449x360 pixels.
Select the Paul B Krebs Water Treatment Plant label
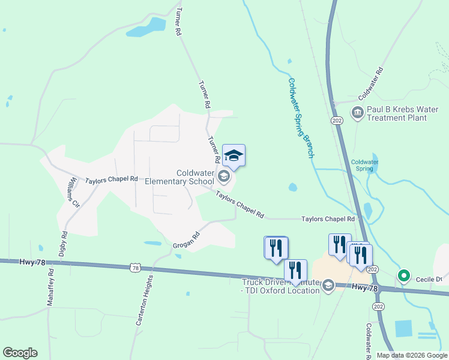[x=402, y=113]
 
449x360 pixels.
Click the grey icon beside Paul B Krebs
[x=357, y=112]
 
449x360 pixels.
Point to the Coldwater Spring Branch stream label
[x=301, y=118]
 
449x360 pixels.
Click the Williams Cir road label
[x=73, y=188]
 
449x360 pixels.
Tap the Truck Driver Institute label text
[x=280, y=286]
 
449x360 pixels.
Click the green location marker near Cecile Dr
[x=404, y=276]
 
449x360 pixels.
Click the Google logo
[x=20, y=353]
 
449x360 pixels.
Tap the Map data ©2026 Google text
[x=411, y=355]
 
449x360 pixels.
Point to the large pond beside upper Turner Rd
[x=146, y=28]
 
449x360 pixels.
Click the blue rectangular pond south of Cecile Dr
[x=403, y=328]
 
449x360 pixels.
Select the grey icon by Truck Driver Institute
[x=328, y=286]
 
